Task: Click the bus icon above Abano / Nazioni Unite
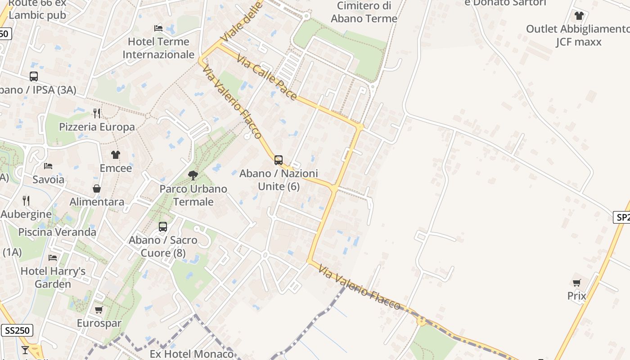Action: point(279,160)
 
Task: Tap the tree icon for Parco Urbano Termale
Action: point(193,175)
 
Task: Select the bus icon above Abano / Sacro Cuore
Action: point(163,227)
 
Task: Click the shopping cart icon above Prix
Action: point(576,283)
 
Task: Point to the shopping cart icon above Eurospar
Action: point(99,310)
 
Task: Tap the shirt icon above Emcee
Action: point(116,155)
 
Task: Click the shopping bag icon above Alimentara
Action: point(97,189)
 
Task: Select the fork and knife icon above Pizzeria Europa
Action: point(97,113)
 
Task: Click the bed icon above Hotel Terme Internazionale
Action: point(158,28)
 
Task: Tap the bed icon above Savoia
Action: point(48,166)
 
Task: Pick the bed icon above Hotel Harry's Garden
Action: point(53,258)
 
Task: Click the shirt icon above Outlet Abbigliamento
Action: point(579,16)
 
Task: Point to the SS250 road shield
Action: point(17,330)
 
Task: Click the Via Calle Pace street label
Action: point(267,78)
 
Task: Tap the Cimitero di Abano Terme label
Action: point(364,12)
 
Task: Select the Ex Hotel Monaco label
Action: point(191,354)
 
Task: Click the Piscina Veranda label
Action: point(57,232)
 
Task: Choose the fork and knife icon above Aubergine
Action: point(26,200)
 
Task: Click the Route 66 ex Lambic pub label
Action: point(37,9)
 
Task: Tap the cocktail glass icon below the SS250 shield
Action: point(25,350)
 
